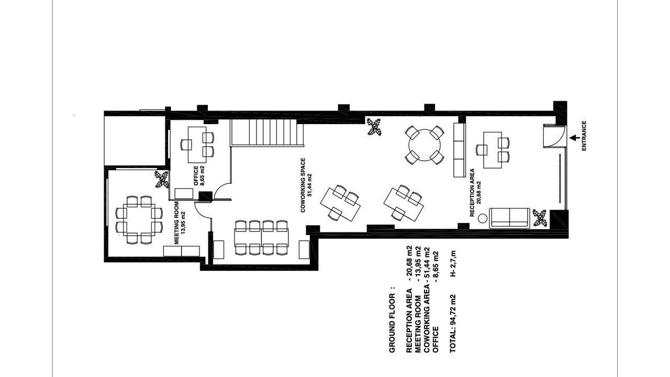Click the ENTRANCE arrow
point(574,138)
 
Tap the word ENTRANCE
point(584,136)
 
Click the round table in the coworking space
point(425,145)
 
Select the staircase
point(266,132)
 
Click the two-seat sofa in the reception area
point(509,218)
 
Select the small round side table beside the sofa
point(482,218)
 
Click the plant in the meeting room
point(162,179)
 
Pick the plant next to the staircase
point(374,127)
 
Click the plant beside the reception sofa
point(540,218)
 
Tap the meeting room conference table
point(139,220)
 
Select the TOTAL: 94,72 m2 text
point(453,324)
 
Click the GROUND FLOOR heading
point(392,320)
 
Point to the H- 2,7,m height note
point(453,263)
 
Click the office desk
point(197,145)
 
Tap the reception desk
point(493,150)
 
